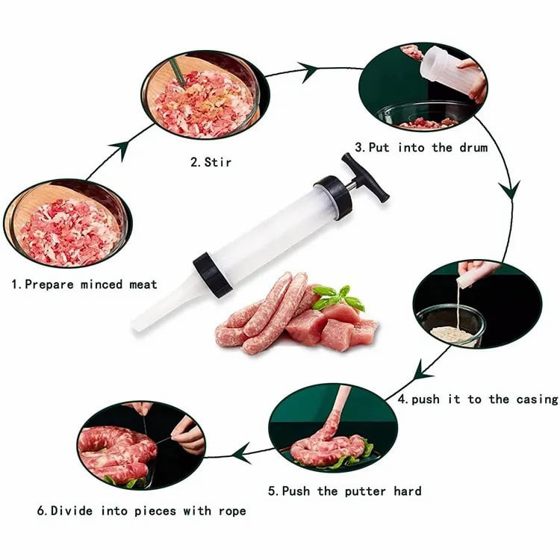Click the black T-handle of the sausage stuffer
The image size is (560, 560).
[365, 178]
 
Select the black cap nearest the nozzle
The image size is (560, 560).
[213, 274]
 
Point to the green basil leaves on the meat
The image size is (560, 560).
[337, 297]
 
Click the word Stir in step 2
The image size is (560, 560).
[218, 162]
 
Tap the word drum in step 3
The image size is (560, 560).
[473, 147]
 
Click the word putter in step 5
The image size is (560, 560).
[365, 491]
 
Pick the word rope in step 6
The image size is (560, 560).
[232, 511]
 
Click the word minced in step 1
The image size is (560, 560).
[102, 284]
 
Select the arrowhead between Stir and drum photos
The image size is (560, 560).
[308, 72]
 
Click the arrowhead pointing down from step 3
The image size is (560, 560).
[510, 190]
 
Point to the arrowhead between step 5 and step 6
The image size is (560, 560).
[242, 453]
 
